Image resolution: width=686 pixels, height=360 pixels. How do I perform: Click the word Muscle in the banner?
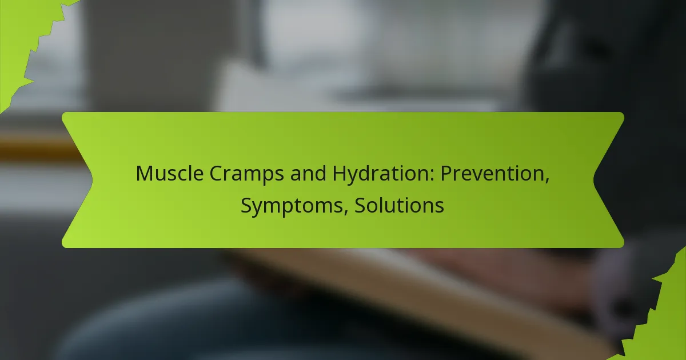pos(170,173)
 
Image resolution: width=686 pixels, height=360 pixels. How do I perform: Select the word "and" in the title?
pos(308,173)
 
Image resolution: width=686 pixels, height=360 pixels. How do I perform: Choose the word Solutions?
pos(399,205)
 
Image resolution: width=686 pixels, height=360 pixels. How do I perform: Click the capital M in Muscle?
pos(145,173)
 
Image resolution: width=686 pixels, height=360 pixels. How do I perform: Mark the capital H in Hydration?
pos(340,173)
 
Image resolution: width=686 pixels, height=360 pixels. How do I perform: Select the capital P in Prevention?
pos(446,173)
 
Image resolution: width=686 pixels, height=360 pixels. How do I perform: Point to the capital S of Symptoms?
pos(246,205)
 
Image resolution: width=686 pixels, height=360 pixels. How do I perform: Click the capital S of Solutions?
pos(360,205)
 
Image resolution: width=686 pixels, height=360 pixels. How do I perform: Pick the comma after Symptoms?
pos(346,213)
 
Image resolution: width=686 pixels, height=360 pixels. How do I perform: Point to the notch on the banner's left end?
pos(92,180)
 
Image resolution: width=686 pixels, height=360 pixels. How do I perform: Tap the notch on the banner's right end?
pos(594,180)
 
